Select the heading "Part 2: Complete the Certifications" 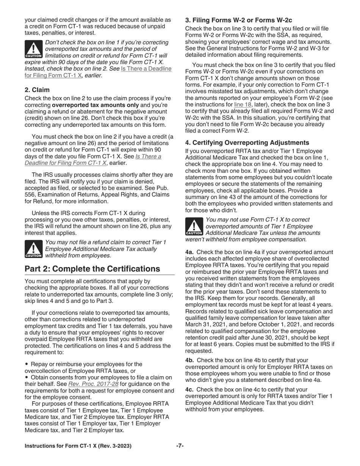pyautogui.click(x=92, y=269)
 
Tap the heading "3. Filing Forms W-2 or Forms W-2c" pyautogui.click(x=238, y=20)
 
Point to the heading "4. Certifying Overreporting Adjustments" pyautogui.click(x=247, y=142)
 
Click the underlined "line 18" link pyautogui.click(x=243, y=105)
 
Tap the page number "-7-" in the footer pyautogui.click(x=180, y=446)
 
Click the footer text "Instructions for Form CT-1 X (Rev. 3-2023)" pyautogui.click(x=78, y=446)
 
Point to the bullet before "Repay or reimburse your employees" pyautogui.click(x=27, y=364)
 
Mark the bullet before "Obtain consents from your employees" pyautogui.click(x=27, y=377)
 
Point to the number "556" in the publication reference pyautogui.click(x=30, y=195)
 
